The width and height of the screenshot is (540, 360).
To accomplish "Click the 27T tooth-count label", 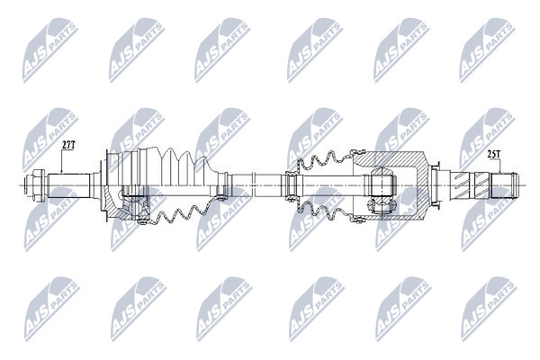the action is point(68,145).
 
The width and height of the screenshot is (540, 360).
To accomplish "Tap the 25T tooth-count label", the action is point(493,154).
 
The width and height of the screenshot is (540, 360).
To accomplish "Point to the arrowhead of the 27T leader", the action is point(61,171).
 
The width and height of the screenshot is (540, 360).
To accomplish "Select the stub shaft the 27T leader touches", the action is point(69,185).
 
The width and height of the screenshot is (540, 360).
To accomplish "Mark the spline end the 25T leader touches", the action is point(503,185).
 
